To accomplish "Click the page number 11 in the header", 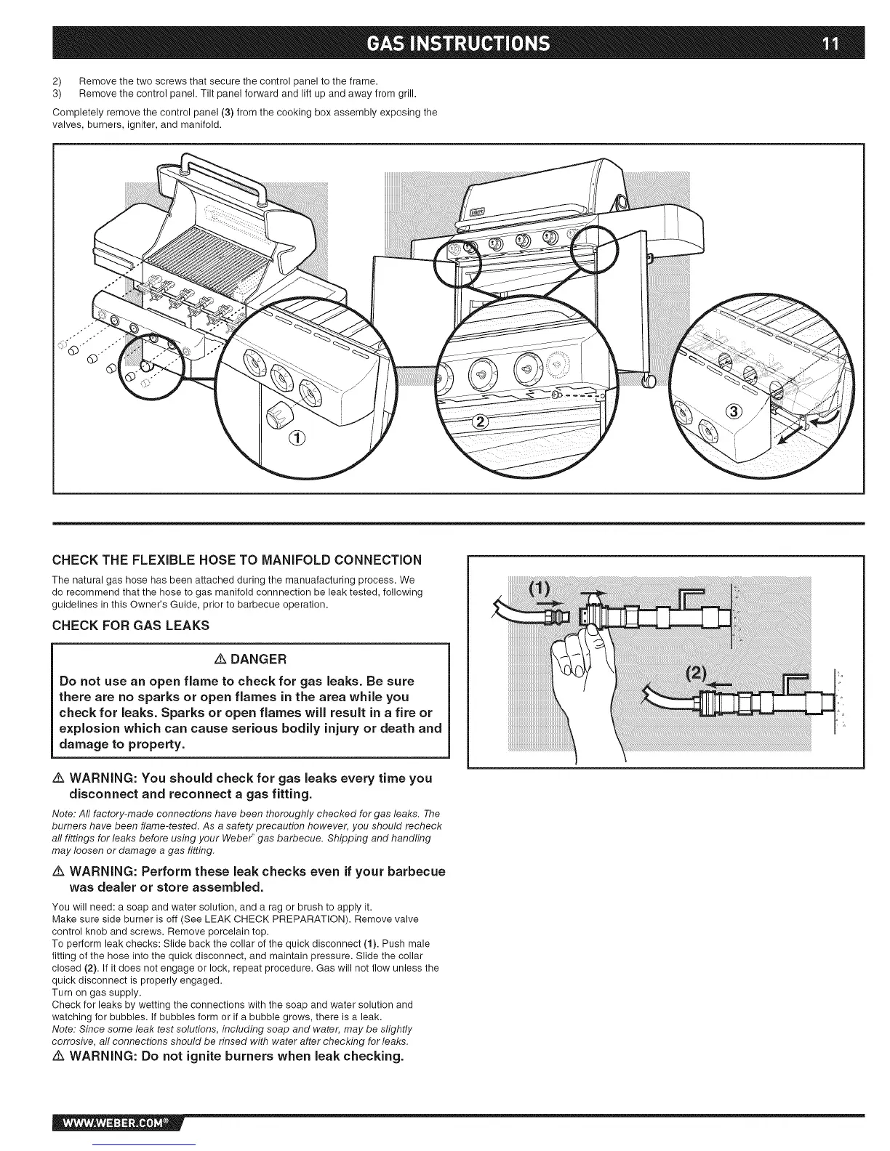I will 830,44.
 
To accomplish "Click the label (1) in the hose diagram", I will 540,587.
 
